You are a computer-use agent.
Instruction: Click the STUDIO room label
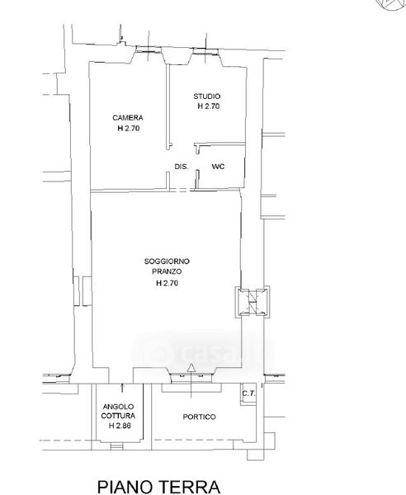point(207,96)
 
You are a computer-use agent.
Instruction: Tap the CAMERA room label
point(128,118)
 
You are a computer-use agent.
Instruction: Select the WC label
point(218,167)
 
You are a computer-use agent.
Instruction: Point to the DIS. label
point(182,167)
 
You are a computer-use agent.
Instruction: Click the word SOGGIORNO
point(167,262)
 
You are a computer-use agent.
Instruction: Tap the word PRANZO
point(167,271)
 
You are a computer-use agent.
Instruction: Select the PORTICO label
point(199,417)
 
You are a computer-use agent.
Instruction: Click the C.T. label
point(248,394)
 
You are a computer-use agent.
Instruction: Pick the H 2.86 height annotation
point(120,426)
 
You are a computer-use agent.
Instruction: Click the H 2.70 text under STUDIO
point(209,106)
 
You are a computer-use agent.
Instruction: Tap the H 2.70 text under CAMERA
point(129,128)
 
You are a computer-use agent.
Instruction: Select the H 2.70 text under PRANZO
point(167,283)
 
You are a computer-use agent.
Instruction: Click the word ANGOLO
point(118,407)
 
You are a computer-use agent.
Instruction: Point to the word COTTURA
point(118,416)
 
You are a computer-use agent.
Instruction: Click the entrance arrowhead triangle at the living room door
point(191,367)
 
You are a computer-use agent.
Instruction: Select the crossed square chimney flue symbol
point(253,302)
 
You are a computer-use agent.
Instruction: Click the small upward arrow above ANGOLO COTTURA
point(122,388)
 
